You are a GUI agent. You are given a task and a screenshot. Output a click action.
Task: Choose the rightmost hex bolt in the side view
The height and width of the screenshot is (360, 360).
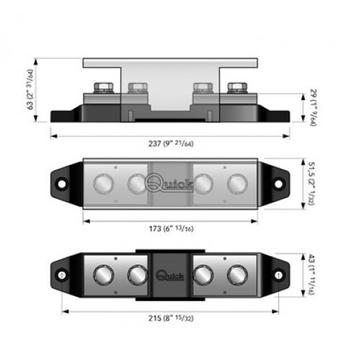pyautogui.click(x=235, y=89)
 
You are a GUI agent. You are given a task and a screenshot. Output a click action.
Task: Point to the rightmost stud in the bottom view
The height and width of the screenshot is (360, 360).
pyautogui.click(x=235, y=275)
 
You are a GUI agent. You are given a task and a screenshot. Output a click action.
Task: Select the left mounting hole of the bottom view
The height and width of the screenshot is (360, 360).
pyautogui.click(x=62, y=275)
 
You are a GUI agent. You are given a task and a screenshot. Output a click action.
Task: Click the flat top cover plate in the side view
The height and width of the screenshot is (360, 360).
pyautogui.click(x=170, y=63)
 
